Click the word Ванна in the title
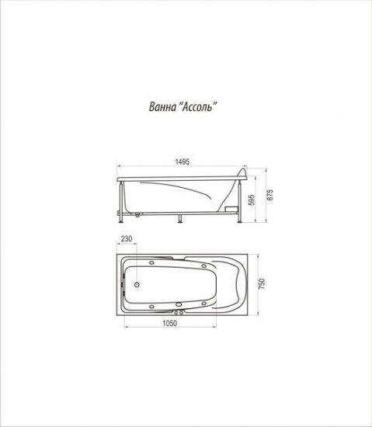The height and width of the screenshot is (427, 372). (x=162, y=106)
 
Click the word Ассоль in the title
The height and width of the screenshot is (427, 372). (x=197, y=106)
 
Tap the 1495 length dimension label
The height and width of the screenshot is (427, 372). (x=182, y=161)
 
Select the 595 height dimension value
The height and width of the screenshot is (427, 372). (x=252, y=200)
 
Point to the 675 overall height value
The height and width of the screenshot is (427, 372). (x=269, y=195)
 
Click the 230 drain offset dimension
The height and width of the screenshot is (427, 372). (x=127, y=239)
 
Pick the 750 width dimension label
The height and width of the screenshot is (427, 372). (x=262, y=283)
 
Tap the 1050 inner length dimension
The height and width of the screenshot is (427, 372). (x=169, y=323)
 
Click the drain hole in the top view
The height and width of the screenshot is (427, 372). (x=137, y=285)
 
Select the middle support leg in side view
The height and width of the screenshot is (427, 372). (x=179, y=219)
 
